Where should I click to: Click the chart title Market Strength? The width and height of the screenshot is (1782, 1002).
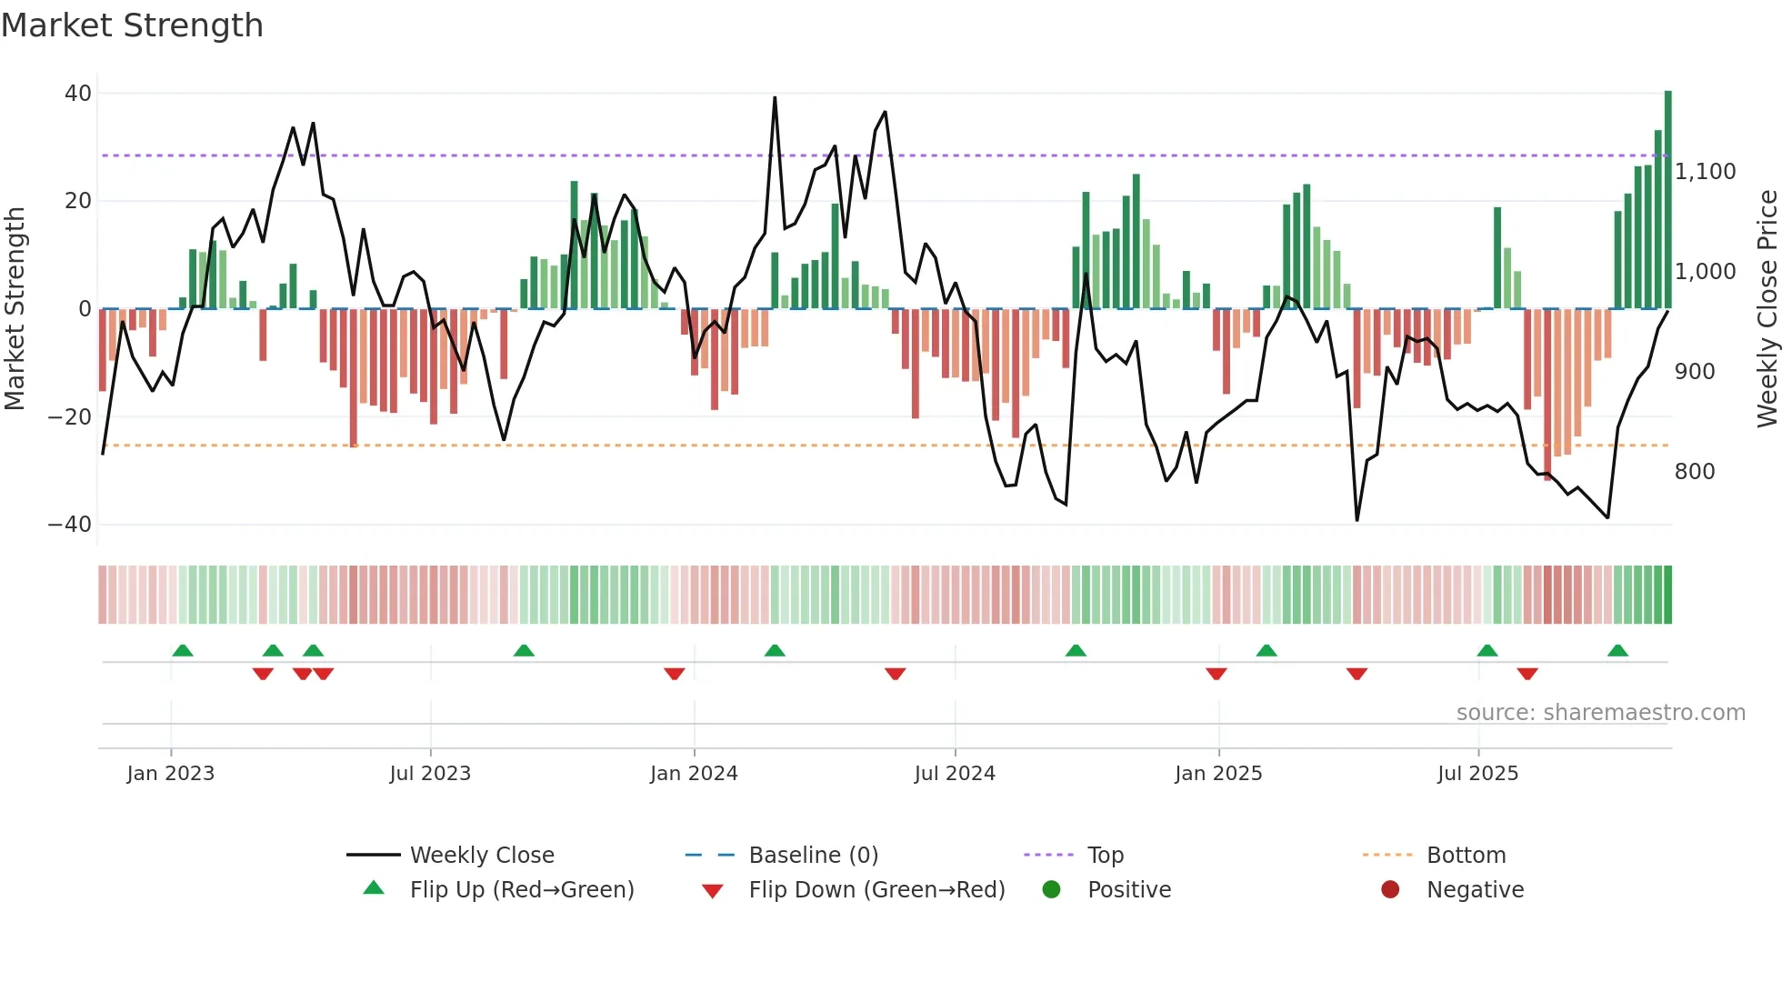coord(132,25)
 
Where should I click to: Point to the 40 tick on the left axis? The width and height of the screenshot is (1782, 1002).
coord(78,94)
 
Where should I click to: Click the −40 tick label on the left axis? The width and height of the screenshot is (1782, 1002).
coord(70,525)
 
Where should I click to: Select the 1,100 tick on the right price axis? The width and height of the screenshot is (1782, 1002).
coord(1705,172)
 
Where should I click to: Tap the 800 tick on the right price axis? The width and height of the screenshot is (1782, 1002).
coord(1694,472)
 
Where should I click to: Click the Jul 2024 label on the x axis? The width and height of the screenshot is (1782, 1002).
coord(955,774)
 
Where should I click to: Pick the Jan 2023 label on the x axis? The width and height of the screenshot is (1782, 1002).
coord(171,774)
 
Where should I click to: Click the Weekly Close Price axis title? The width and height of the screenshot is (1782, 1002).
coord(1767,309)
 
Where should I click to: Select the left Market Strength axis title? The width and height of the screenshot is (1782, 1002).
coord(15,309)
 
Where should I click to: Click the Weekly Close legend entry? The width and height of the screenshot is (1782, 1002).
coord(481,856)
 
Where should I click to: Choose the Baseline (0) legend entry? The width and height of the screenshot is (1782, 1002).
coord(813,856)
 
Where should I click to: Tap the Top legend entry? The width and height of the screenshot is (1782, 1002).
coord(1105,856)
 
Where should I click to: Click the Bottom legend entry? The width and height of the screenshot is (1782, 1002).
coord(1466,856)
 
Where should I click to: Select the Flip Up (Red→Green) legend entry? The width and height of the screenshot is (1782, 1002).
coord(521,890)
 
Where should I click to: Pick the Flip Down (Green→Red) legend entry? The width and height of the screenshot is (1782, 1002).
coord(876,890)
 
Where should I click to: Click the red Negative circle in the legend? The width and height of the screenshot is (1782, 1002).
coord(1390,890)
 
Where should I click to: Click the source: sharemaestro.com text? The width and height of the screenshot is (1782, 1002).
coord(1600,713)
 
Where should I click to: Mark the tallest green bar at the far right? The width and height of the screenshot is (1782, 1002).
coord(1667,200)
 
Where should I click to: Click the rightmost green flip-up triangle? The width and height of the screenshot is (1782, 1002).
coord(1617,651)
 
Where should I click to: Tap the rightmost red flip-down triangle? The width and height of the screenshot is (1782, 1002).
coord(1527,674)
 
